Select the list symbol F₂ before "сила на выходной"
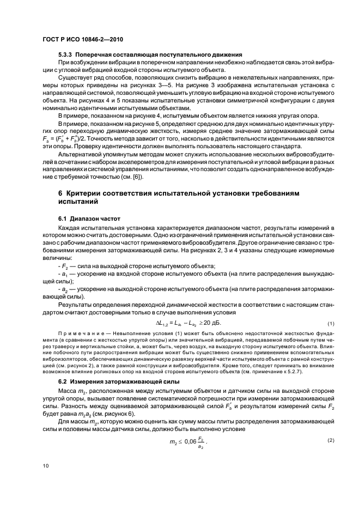[65, 266]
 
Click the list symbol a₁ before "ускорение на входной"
[65, 275]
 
